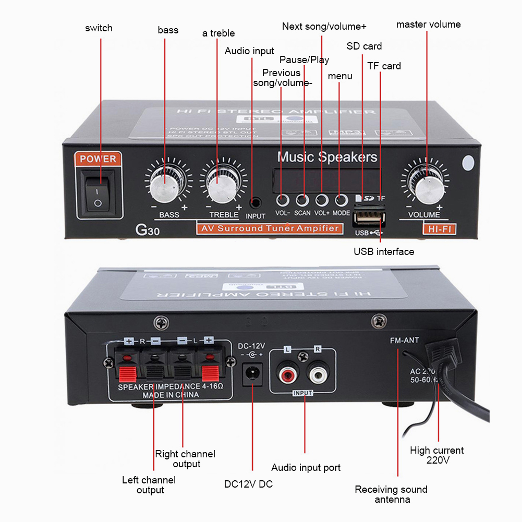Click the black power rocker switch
tap(98, 192)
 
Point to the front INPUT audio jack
tap(256, 202)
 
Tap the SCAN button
tap(302, 200)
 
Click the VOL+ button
tap(322, 200)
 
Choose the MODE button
tap(341, 200)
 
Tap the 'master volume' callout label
tap(428, 25)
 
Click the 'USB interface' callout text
tap(384, 251)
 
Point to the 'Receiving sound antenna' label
tap(391, 494)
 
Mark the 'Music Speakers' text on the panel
tap(327, 157)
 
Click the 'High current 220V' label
tap(437, 455)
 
